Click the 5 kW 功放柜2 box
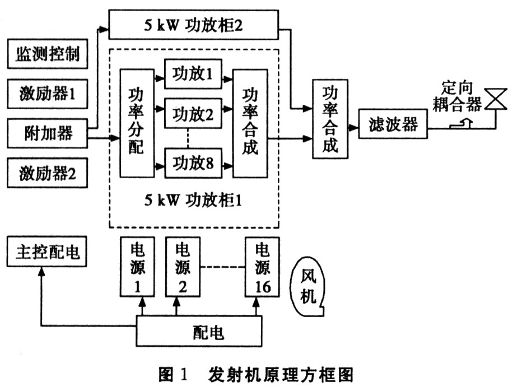(x=193, y=25)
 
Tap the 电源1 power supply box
(x=137, y=268)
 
